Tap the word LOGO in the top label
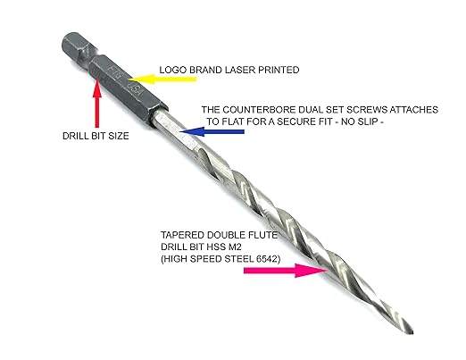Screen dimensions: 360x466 click(x=172, y=68)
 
